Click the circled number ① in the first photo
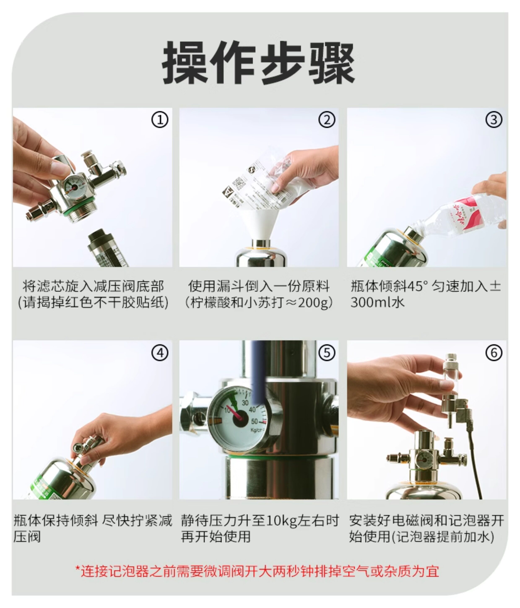pyautogui.click(x=160, y=120)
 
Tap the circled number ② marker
pyautogui.click(x=327, y=120)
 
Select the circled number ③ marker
pyautogui.click(x=494, y=120)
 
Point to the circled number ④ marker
pyautogui.click(x=160, y=352)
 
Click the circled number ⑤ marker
pyautogui.click(x=327, y=352)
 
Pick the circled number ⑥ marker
pyautogui.click(x=494, y=352)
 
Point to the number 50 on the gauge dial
pyautogui.click(x=254, y=421)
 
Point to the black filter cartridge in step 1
pyautogui.click(x=107, y=248)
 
